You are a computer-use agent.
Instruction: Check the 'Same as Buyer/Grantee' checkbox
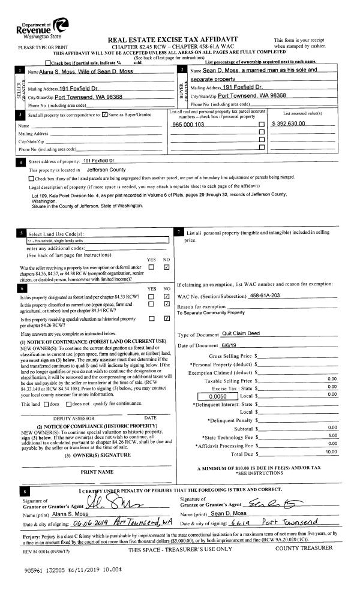click(x=106, y=114)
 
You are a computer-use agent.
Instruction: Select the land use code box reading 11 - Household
click(x=94, y=240)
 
